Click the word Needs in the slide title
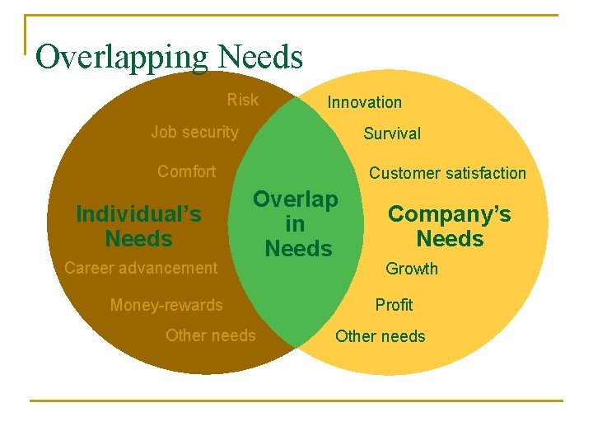pyautogui.click(x=261, y=57)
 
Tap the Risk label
pyautogui.click(x=243, y=101)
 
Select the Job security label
pyautogui.click(x=195, y=132)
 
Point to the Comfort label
pyautogui.click(x=187, y=171)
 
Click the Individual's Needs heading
pyautogui.click(x=138, y=227)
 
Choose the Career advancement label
pyautogui.click(x=141, y=267)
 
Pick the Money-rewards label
pyautogui.click(x=166, y=305)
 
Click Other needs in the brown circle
pyautogui.click(x=211, y=335)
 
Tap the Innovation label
pyautogui.click(x=365, y=102)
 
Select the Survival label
pyautogui.click(x=392, y=133)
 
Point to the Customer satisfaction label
pyautogui.click(x=447, y=173)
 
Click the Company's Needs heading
pyautogui.click(x=450, y=227)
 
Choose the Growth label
pyautogui.click(x=412, y=269)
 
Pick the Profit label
pyautogui.click(x=394, y=305)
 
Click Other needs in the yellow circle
pyautogui.click(x=381, y=336)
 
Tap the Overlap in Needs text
pyautogui.click(x=296, y=224)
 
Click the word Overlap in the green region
pyautogui.click(x=296, y=199)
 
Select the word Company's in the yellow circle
pyautogui.click(x=450, y=214)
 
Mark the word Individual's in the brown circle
pyautogui.click(x=138, y=214)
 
